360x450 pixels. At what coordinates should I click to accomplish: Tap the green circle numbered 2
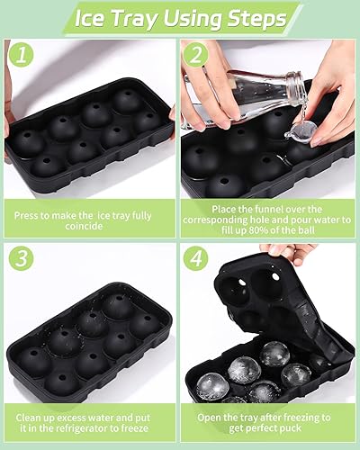[196, 55]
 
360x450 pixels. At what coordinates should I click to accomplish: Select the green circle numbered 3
[21, 258]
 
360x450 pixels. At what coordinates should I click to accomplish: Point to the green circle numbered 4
[196, 258]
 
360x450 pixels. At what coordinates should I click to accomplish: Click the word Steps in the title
[256, 19]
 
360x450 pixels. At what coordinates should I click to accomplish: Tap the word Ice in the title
[90, 19]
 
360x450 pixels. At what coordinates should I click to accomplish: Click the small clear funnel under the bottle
[299, 132]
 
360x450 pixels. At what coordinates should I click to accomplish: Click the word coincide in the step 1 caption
[84, 226]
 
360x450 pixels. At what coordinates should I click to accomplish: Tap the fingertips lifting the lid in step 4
[277, 250]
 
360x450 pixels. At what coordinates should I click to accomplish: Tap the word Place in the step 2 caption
[223, 209]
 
